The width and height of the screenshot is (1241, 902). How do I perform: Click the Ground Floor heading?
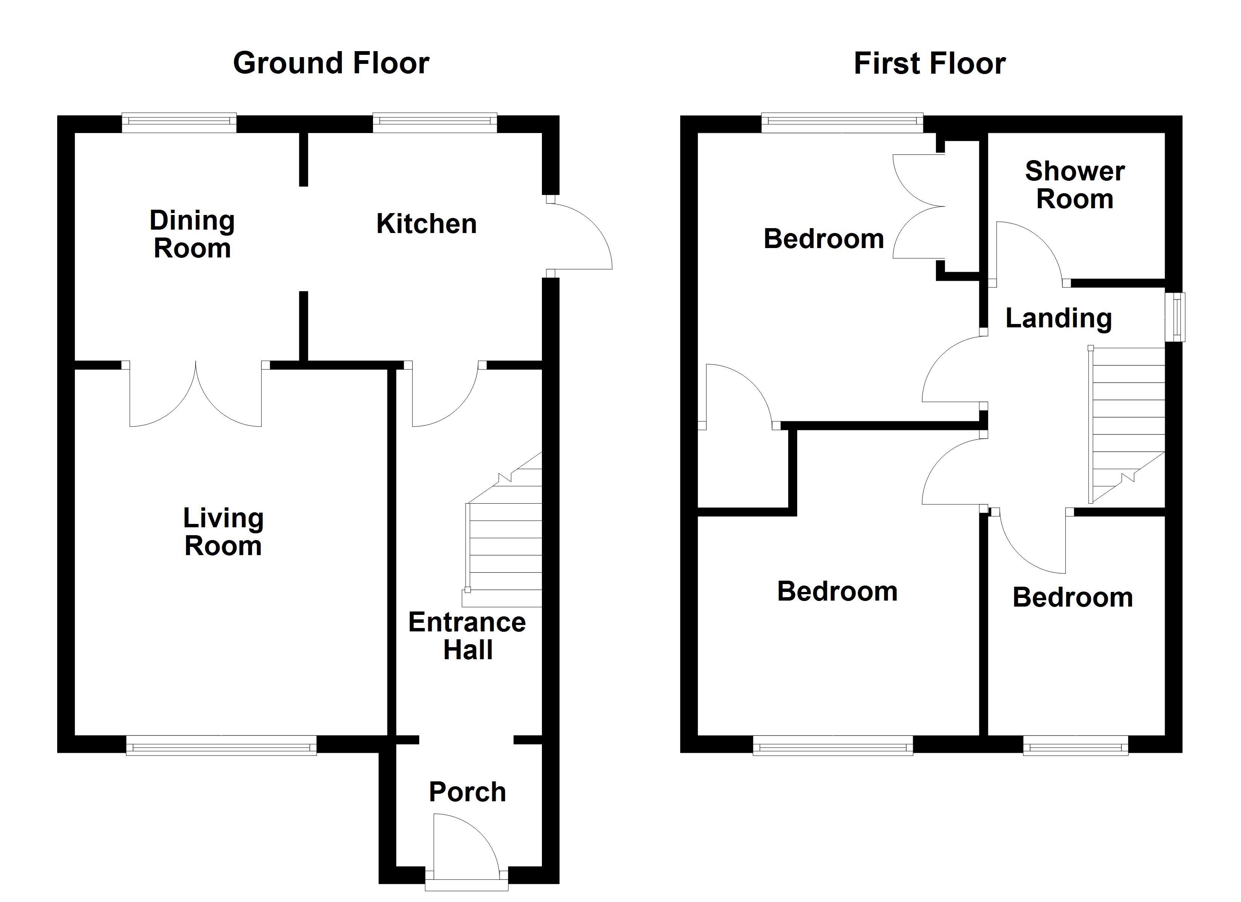(331, 64)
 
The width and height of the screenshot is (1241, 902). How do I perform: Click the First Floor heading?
(929, 64)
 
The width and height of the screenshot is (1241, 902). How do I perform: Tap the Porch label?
(467, 792)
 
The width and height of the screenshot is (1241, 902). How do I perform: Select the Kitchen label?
(426, 224)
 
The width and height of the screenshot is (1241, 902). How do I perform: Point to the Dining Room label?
(192, 234)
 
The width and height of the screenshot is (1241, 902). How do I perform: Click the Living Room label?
(223, 532)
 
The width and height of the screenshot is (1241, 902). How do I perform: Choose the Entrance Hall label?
(467, 636)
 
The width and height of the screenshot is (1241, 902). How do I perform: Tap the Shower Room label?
(1075, 185)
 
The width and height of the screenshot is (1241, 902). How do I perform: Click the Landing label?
(1059, 318)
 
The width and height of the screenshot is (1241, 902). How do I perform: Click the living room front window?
(221, 745)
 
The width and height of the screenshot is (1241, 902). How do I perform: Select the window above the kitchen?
(435, 123)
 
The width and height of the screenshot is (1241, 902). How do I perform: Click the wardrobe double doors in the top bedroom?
(919, 207)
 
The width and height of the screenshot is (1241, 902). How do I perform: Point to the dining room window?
(179, 123)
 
